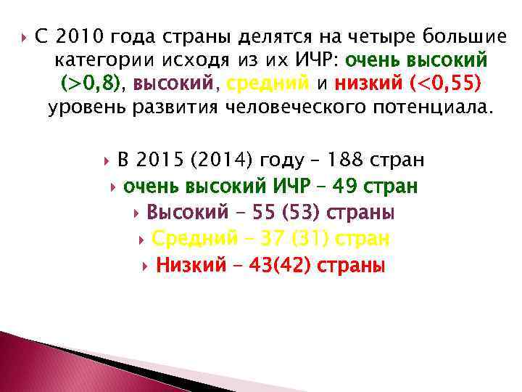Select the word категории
tap(99, 60)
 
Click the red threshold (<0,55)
tap(444, 84)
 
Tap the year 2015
tap(159, 160)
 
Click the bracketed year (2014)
tap(216, 160)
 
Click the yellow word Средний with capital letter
tap(196, 238)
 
